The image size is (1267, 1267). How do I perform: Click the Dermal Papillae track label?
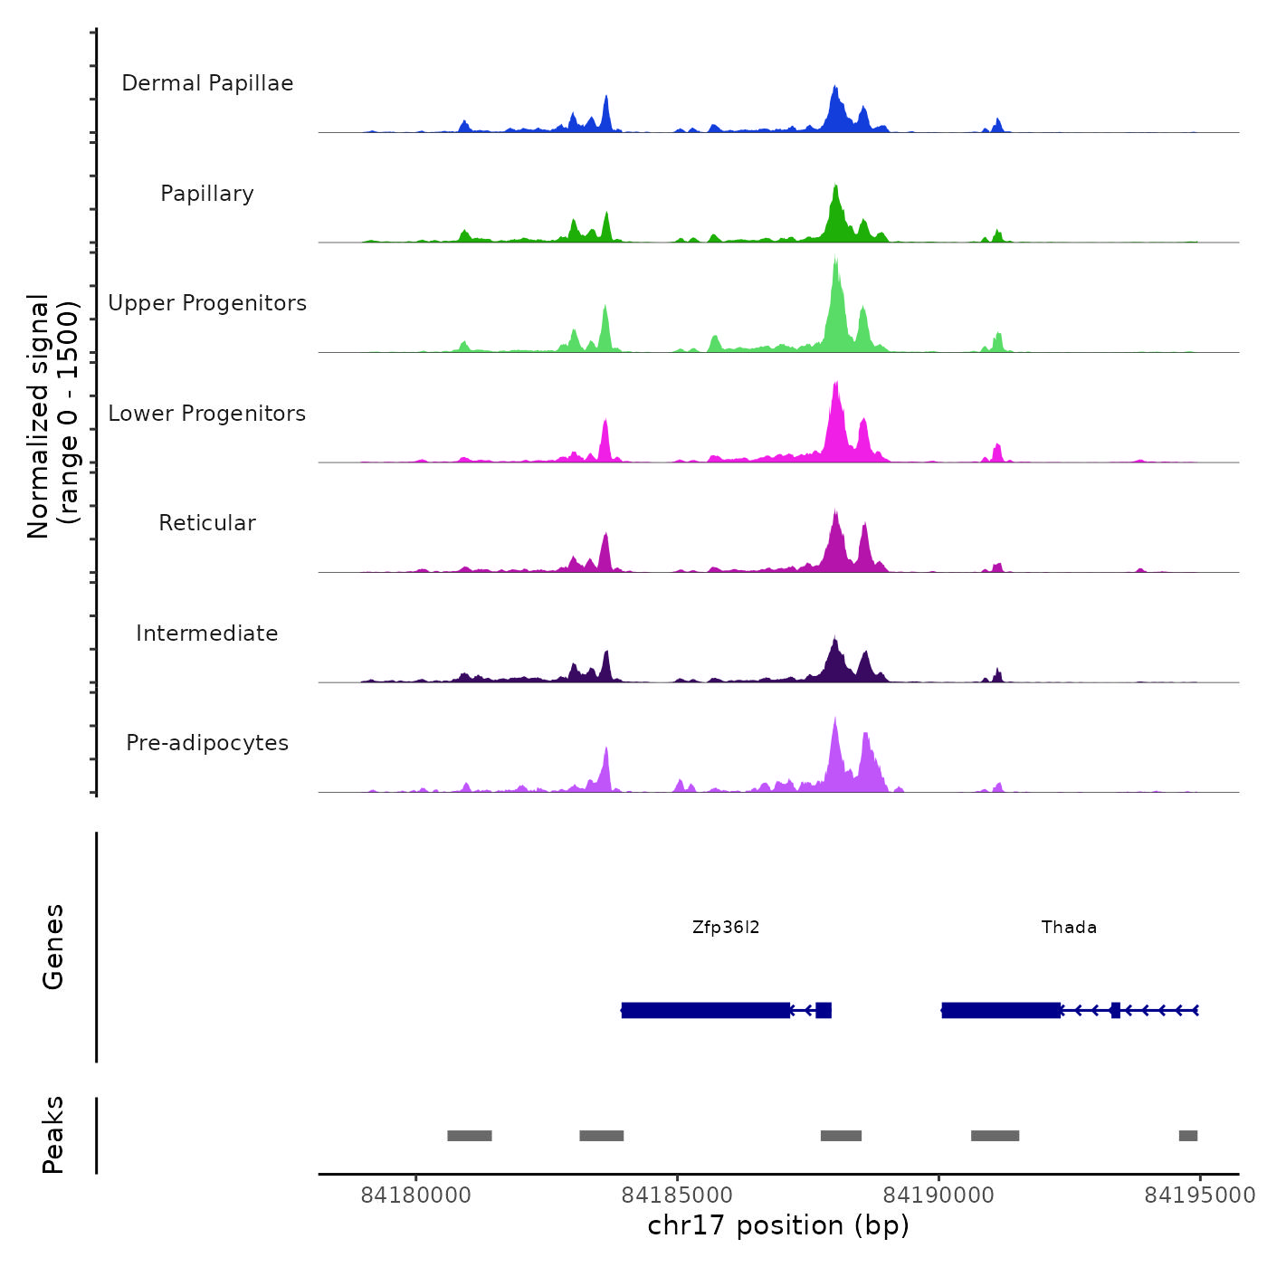(x=207, y=83)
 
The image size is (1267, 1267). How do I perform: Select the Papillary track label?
(x=207, y=194)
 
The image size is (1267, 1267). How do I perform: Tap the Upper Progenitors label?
(x=207, y=303)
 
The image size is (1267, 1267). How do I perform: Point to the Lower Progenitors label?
(x=207, y=414)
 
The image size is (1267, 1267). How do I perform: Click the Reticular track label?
(x=207, y=523)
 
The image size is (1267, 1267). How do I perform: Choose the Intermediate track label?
(x=207, y=633)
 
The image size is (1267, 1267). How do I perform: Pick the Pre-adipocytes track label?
(x=207, y=743)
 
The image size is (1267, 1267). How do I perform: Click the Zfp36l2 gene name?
(x=726, y=927)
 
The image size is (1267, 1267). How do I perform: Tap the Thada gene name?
(x=1069, y=927)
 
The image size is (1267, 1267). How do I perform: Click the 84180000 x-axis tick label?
(x=416, y=1196)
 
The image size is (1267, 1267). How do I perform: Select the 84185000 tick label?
(x=678, y=1196)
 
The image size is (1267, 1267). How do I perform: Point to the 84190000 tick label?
(x=938, y=1196)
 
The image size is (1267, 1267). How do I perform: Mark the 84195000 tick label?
(x=1199, y=1196)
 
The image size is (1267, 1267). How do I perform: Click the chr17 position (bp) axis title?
(x=778, y=1225)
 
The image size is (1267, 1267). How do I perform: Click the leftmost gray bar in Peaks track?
(x=470, y=1136)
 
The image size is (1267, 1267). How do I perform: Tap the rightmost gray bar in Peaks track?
(x=1188, y=1136)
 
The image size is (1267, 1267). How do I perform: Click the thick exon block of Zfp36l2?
(x=706, y=1010)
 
